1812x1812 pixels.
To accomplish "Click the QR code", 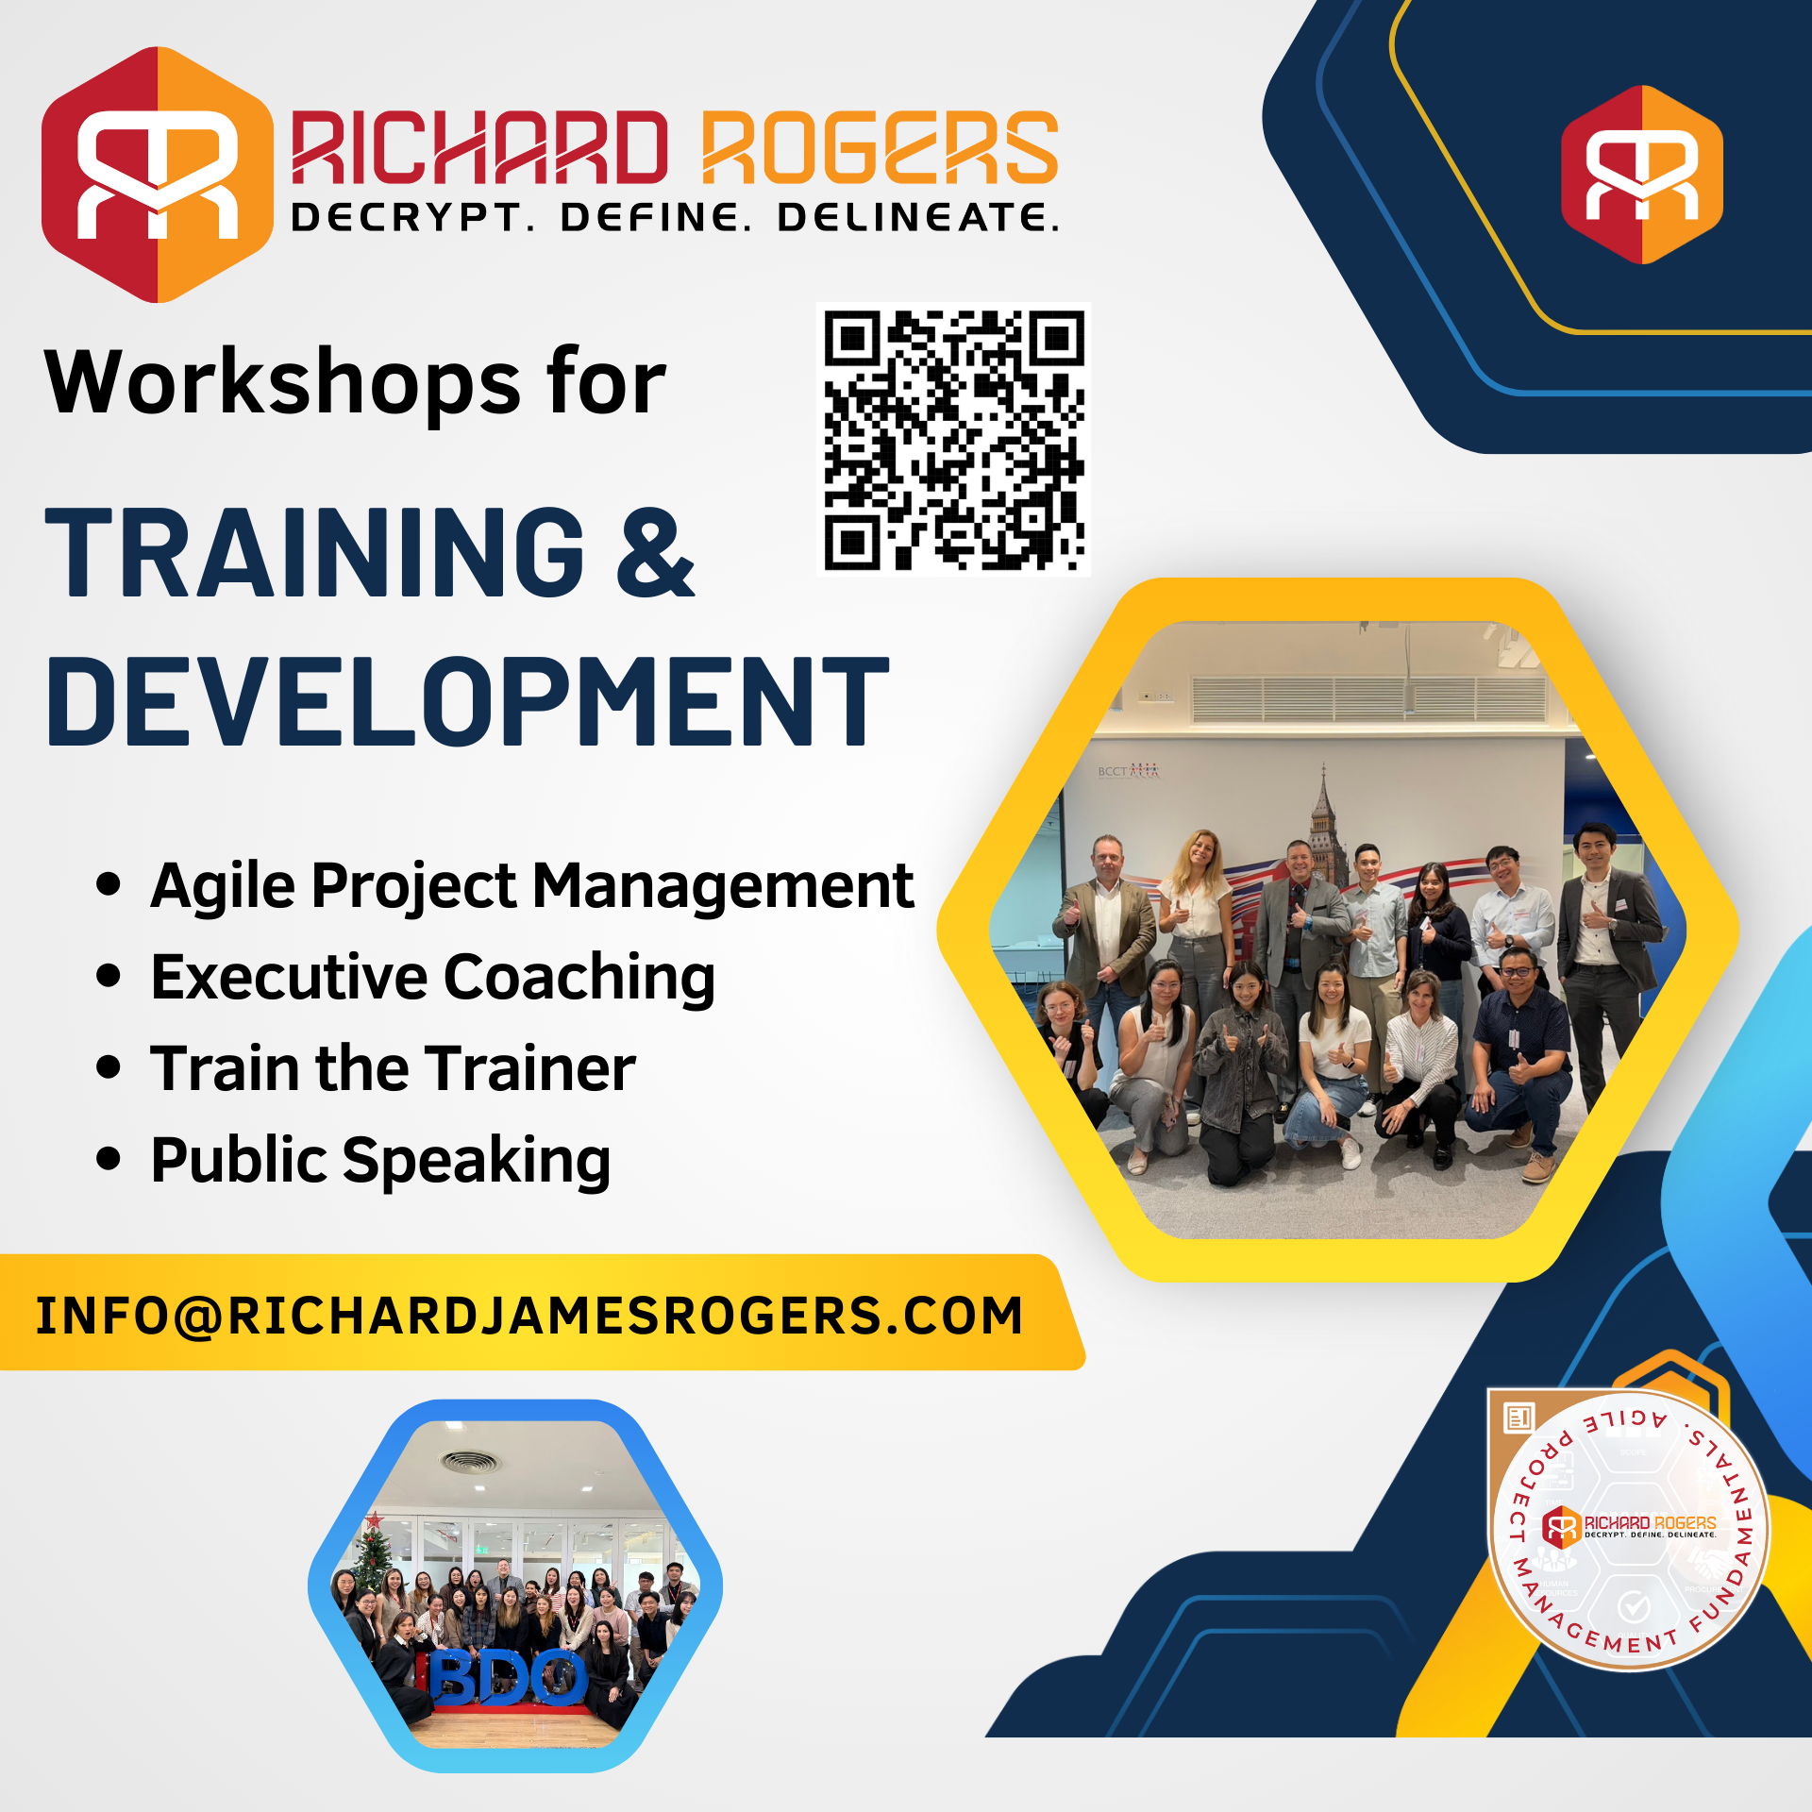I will tap(953, 440).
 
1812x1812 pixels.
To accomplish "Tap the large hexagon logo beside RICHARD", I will tap(157, 175).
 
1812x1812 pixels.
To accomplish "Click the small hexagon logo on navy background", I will tap(1641, 175).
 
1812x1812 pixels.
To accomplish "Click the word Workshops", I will tap(282, 381).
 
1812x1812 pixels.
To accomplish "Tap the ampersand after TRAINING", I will tap(655, 553).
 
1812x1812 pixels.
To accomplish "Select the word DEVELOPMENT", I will tap(467, 702).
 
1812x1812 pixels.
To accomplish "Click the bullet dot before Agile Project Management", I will tap(109, 885).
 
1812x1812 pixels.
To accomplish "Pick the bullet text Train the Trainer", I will tap(393, 1068).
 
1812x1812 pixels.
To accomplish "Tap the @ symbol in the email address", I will tap(197, 1316).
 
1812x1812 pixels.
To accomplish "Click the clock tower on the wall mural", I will tap(1323, 821).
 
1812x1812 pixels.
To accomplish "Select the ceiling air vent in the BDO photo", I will tap(468, 1463).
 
